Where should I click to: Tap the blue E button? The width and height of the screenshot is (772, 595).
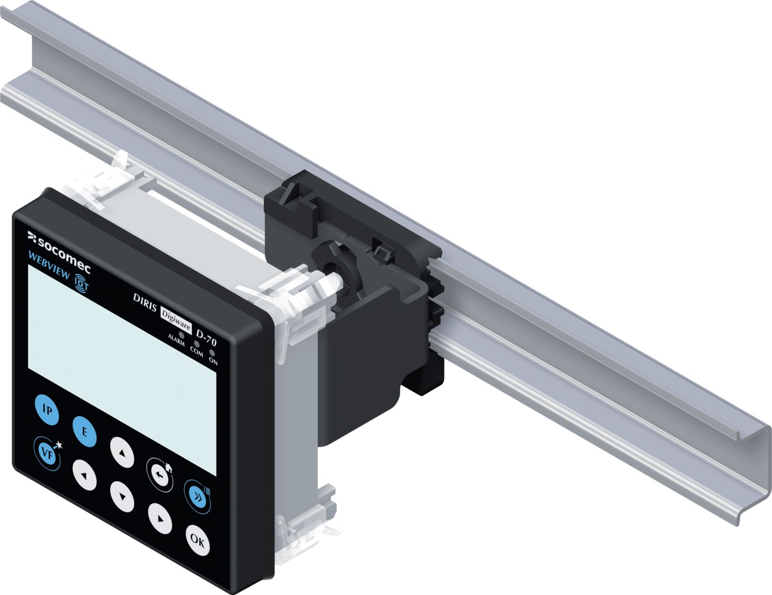pyautogui.click(x=84, y=432)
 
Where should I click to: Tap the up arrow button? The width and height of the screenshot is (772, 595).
pyautogui.click(x=122, y=452)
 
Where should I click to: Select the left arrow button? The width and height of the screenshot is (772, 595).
pyautogui.click(x=84, y=475)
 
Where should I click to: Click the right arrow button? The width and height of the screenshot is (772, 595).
pyautogui.click(x=160, y=519)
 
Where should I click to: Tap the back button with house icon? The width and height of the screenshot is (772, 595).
pyautogui.click(x=160, y=475)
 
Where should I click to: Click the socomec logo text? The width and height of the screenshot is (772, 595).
pyautogui.click(x=60, y=248)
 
